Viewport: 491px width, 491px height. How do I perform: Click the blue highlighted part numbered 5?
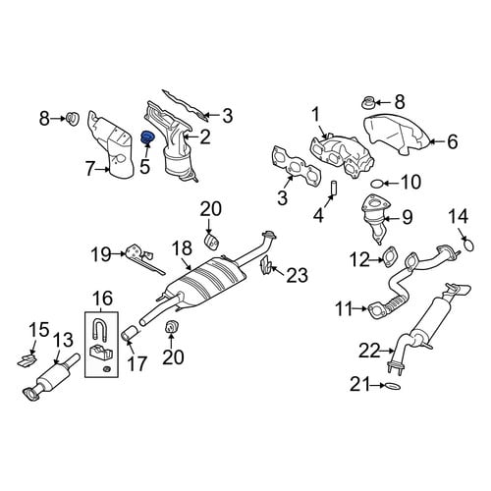(x=147, y=138)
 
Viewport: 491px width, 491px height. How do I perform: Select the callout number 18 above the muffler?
(x=183, y=249)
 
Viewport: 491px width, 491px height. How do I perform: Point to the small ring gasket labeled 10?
(x=376, y=184)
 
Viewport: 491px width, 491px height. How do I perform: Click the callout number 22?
(x=369, y=351)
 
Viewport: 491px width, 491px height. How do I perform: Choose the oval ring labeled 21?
(x=393, y=386)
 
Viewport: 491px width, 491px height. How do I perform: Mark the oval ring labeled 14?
(x=468, y=245)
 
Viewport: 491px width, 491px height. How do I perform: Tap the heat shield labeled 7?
(x=111, y=145)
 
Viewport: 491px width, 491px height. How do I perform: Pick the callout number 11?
(x=345, y=308)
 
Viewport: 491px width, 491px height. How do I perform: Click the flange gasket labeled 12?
(x=390, y=257)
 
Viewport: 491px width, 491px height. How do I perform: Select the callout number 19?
(x=101, y=254)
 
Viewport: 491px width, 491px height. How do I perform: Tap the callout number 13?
(x=63, y=340)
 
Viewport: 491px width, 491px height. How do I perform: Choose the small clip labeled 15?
(x=27, y=360)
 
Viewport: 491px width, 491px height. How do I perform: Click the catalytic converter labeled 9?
(x=376, y=219)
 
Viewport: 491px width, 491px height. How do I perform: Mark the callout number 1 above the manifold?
(x=315, y=116)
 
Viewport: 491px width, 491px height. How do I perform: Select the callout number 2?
(x=205, y=137)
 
